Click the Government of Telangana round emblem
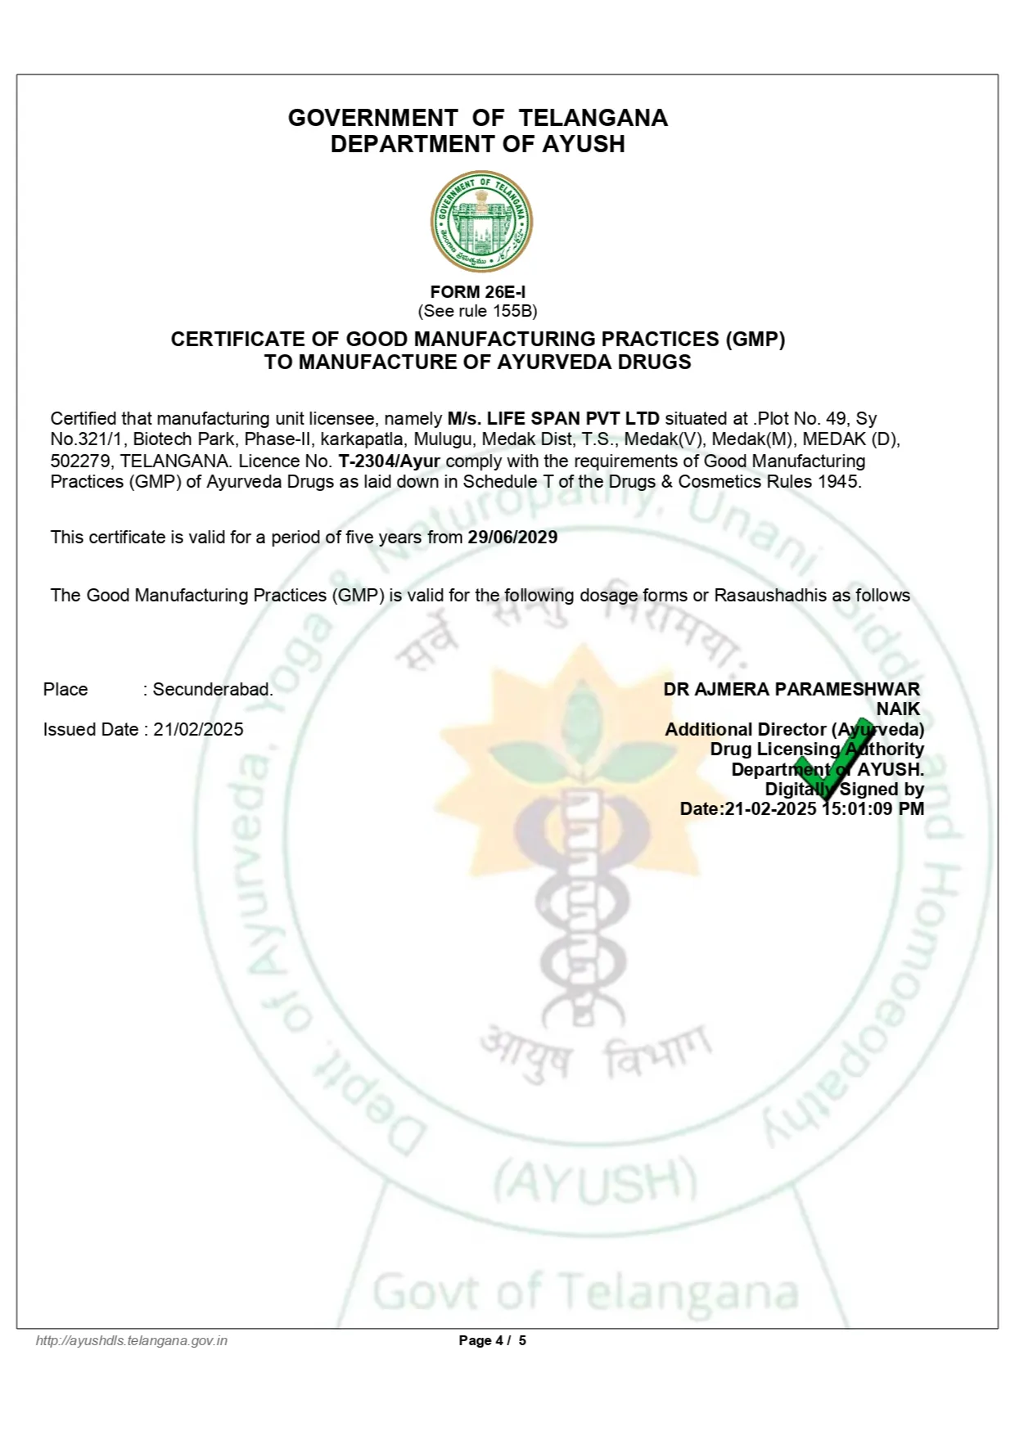tap(481, 221)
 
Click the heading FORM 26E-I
tap(478, 292)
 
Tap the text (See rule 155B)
tap(478, 311)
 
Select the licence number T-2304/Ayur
tap(389, 461)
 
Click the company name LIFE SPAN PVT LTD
tap(573, 419)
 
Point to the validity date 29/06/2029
tap(512, 538)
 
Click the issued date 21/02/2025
tap(198, 730)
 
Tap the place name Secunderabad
tap(213, 690)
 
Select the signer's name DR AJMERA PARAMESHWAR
tap(791, 690)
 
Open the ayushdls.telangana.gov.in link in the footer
tap(132, 1340)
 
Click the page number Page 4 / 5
tap(492, 1340)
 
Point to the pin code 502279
tap(80, 461)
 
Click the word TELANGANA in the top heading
tap(593, 118)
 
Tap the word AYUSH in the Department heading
tap(584, 144)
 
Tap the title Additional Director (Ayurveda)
tap(794, 730)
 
